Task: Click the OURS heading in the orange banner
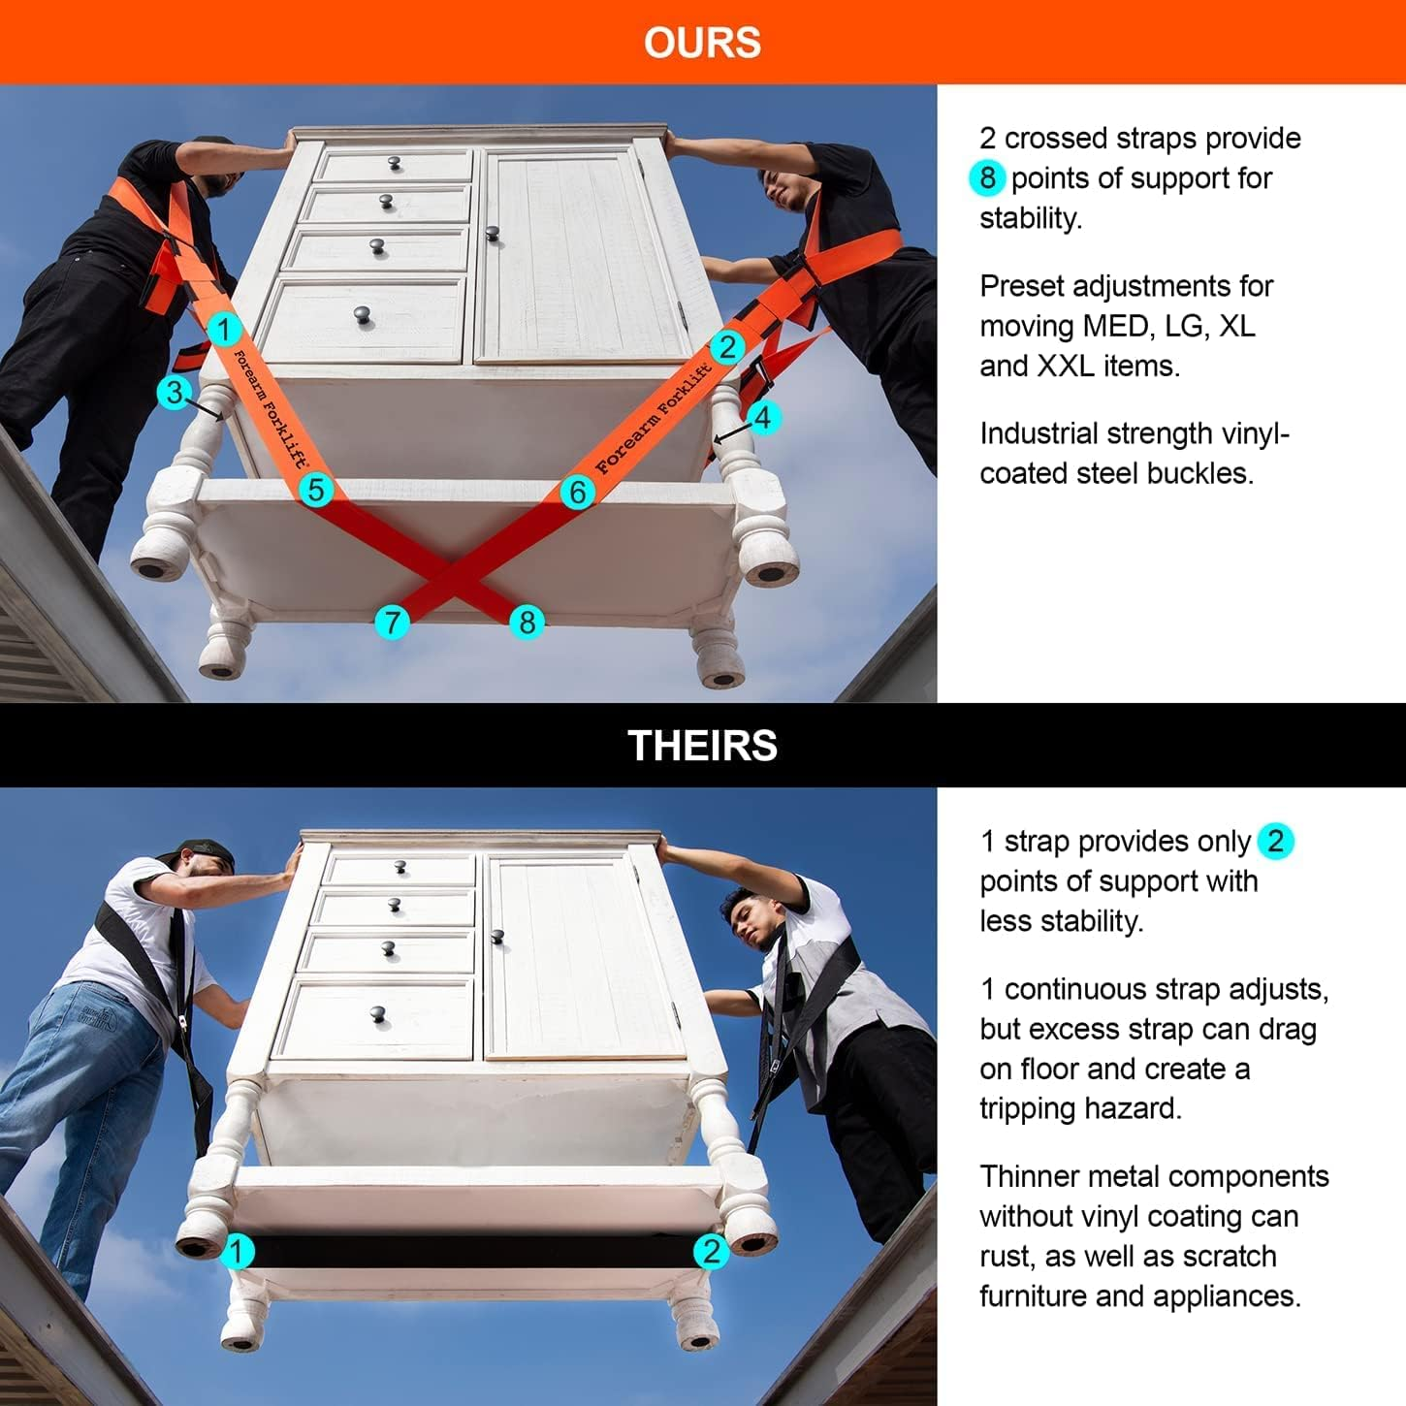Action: pos(702,43)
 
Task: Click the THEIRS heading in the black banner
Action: pos(702,746)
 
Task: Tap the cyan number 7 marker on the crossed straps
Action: pos(392,622)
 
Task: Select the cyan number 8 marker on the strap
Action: pos(527,622)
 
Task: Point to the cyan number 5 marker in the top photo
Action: pos(316,490)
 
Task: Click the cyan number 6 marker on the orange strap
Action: pos(577,492)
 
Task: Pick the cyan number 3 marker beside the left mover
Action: pos(175,393)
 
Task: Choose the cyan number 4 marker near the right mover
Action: pos(763,418)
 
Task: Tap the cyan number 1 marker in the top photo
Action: pos(224,330)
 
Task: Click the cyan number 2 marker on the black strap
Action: pos(711,1251)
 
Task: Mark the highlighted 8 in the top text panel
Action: pos(987,178)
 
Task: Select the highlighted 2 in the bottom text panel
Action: pos(1275,841)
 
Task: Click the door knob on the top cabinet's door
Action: pos(493,232)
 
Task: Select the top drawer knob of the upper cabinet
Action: pos(395,164)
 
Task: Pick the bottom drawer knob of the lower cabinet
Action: pos(377,1015)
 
